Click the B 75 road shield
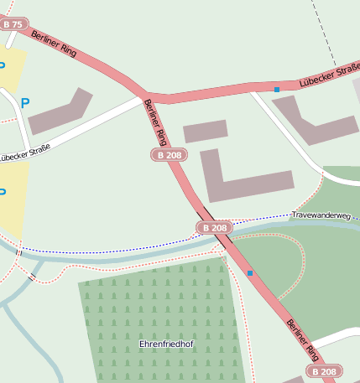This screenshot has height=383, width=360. click(x=13, y=25)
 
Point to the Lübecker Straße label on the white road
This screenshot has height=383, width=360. click(x=24, y=153)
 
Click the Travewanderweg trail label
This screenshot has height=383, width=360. click(x=321, y=215)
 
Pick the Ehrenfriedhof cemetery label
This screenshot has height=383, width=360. click(x=166, y=344)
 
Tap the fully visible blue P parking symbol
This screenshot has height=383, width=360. click(x=25, y=103)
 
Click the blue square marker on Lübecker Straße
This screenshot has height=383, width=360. click(x=276, y=89)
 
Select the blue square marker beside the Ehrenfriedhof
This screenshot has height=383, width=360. click(x=249, y=273)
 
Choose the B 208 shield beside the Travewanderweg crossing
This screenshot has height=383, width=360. click(x=214, y=228)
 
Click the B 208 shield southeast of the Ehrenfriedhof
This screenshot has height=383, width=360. click(x=323, y=370)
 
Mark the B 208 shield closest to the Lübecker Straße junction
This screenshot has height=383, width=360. click(x=169, y=155)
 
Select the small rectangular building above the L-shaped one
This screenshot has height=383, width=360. click(x=206, y=131)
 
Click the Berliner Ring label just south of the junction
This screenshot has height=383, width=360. click(x=158, y=122)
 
